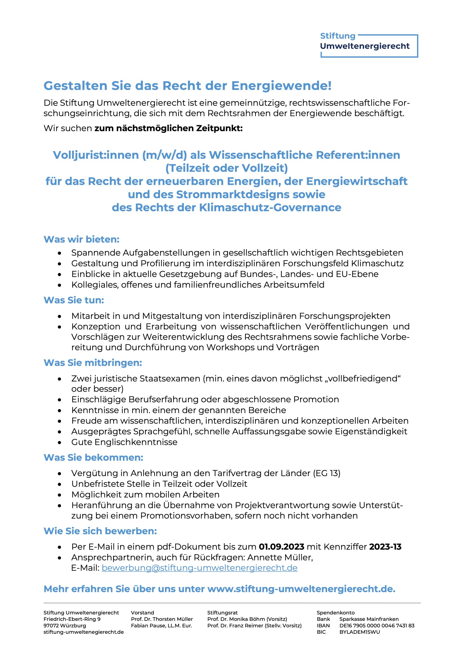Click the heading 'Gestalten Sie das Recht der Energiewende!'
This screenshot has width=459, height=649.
click(187, 86)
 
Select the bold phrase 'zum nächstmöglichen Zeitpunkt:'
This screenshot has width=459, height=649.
click(168, 128)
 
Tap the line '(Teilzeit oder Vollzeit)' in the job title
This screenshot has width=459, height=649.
click(226, 168)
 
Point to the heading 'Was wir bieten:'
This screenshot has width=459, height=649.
click(81, 239)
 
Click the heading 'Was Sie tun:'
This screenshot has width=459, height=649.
click(74, 300)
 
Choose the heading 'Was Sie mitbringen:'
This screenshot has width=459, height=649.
click(93, 363)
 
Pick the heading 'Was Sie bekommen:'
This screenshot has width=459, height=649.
click(93, 457)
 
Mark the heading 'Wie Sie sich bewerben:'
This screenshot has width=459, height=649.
click(100, 531)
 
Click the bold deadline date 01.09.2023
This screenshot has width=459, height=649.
click(281, 547)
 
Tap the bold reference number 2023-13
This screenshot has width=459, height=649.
click(385, 547)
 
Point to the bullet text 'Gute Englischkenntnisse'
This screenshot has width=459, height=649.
click(124, 442)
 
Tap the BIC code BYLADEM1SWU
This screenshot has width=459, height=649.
click(359, 632)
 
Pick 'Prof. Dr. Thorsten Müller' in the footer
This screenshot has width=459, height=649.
click(162, 619)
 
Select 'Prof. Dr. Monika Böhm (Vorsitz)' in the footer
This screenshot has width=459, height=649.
click(247, 619)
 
